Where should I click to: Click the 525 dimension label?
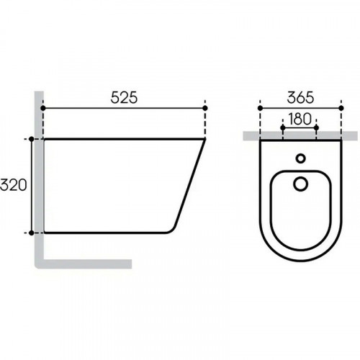pyautogui.click(x=124, y=98)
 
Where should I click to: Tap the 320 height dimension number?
pyautogui.click(x=13, y=185)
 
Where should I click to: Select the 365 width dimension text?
pyautogui.click(x=300, y=98)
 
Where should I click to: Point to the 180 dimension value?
pyautogui.click(x=300, y=119)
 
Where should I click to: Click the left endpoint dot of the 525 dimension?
pyautogui.click(x=43, y=108)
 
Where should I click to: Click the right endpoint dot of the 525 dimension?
pyautogui.click(x=205, y=108)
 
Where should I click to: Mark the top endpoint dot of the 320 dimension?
pyautogui.click(x=32, y=139)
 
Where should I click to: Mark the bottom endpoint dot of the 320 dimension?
pyautogui.click(x=32, y=233)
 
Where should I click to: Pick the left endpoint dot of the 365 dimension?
pyautogui.click(x=260, y=108)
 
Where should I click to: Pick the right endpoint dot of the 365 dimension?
pyautogui.click(x=341, y=108)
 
